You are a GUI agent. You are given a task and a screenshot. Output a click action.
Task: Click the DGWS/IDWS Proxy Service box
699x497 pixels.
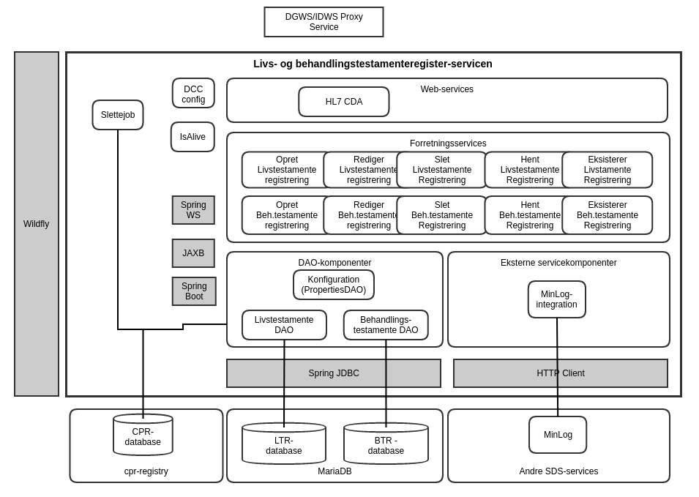click(324, 22)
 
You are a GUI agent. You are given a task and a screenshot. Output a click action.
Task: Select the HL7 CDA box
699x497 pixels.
click(343, 102)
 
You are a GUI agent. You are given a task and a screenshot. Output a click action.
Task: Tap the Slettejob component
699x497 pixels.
click(118, 115)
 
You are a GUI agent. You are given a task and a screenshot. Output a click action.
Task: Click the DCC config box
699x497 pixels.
click(193, 94)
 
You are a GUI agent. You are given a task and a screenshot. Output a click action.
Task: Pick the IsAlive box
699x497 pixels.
click(192, 137)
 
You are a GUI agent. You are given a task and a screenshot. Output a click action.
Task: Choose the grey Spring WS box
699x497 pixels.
click(193, 210)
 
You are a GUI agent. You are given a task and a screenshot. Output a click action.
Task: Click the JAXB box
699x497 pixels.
click(193, 253)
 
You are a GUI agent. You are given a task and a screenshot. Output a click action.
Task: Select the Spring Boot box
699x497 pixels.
click(194, 291)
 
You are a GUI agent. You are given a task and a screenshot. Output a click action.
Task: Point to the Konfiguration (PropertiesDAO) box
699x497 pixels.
click(333, 285)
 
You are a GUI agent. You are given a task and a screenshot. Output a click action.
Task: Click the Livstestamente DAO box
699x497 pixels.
click(284, 325)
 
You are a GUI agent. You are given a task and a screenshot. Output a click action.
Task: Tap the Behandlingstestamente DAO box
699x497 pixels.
click(386, 325)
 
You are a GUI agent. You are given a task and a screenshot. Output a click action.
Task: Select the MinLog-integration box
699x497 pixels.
click(556, 299)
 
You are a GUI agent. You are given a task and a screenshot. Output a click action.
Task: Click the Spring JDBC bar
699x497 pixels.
click(333, 373)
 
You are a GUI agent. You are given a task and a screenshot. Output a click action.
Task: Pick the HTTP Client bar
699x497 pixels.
click(560, 373)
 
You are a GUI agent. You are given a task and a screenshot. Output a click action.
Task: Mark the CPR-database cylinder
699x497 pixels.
click(143, 437)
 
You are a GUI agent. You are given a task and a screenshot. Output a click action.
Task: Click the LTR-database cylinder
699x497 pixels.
click(283, 445)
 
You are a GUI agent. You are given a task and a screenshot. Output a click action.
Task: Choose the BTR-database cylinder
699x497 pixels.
click(386, 445)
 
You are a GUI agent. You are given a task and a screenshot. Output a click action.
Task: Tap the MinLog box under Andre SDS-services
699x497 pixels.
click(558, 435)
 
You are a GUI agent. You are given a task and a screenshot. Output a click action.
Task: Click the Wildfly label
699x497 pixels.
click(36, 224)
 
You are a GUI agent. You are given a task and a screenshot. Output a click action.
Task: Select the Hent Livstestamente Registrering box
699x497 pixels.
click(529, 170)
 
